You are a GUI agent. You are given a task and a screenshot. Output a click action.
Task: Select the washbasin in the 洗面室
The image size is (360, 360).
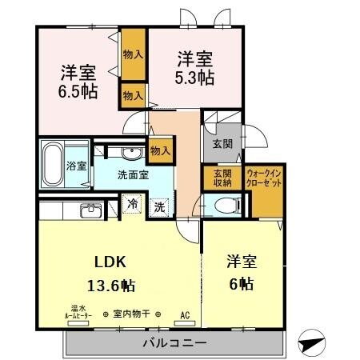click(x=129, y=153)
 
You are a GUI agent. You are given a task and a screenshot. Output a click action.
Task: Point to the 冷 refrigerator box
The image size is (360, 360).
click(x=133, y=205)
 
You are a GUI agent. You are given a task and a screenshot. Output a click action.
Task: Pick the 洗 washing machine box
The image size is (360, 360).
click(x=159, y=205)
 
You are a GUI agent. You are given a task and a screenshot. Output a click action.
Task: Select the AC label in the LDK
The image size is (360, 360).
click(x=186, y=314)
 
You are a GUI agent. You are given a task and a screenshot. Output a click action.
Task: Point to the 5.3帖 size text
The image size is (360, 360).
click(x=195, y=78)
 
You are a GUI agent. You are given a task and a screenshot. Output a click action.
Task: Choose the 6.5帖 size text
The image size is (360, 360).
click(x=79, y=90)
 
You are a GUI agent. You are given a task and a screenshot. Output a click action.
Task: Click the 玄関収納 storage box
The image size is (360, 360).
click(x=222, y=178)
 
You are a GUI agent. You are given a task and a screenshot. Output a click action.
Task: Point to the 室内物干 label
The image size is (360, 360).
click(x=133, y=314)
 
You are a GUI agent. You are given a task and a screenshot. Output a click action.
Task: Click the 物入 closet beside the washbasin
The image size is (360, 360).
click(x=160, y=150)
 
